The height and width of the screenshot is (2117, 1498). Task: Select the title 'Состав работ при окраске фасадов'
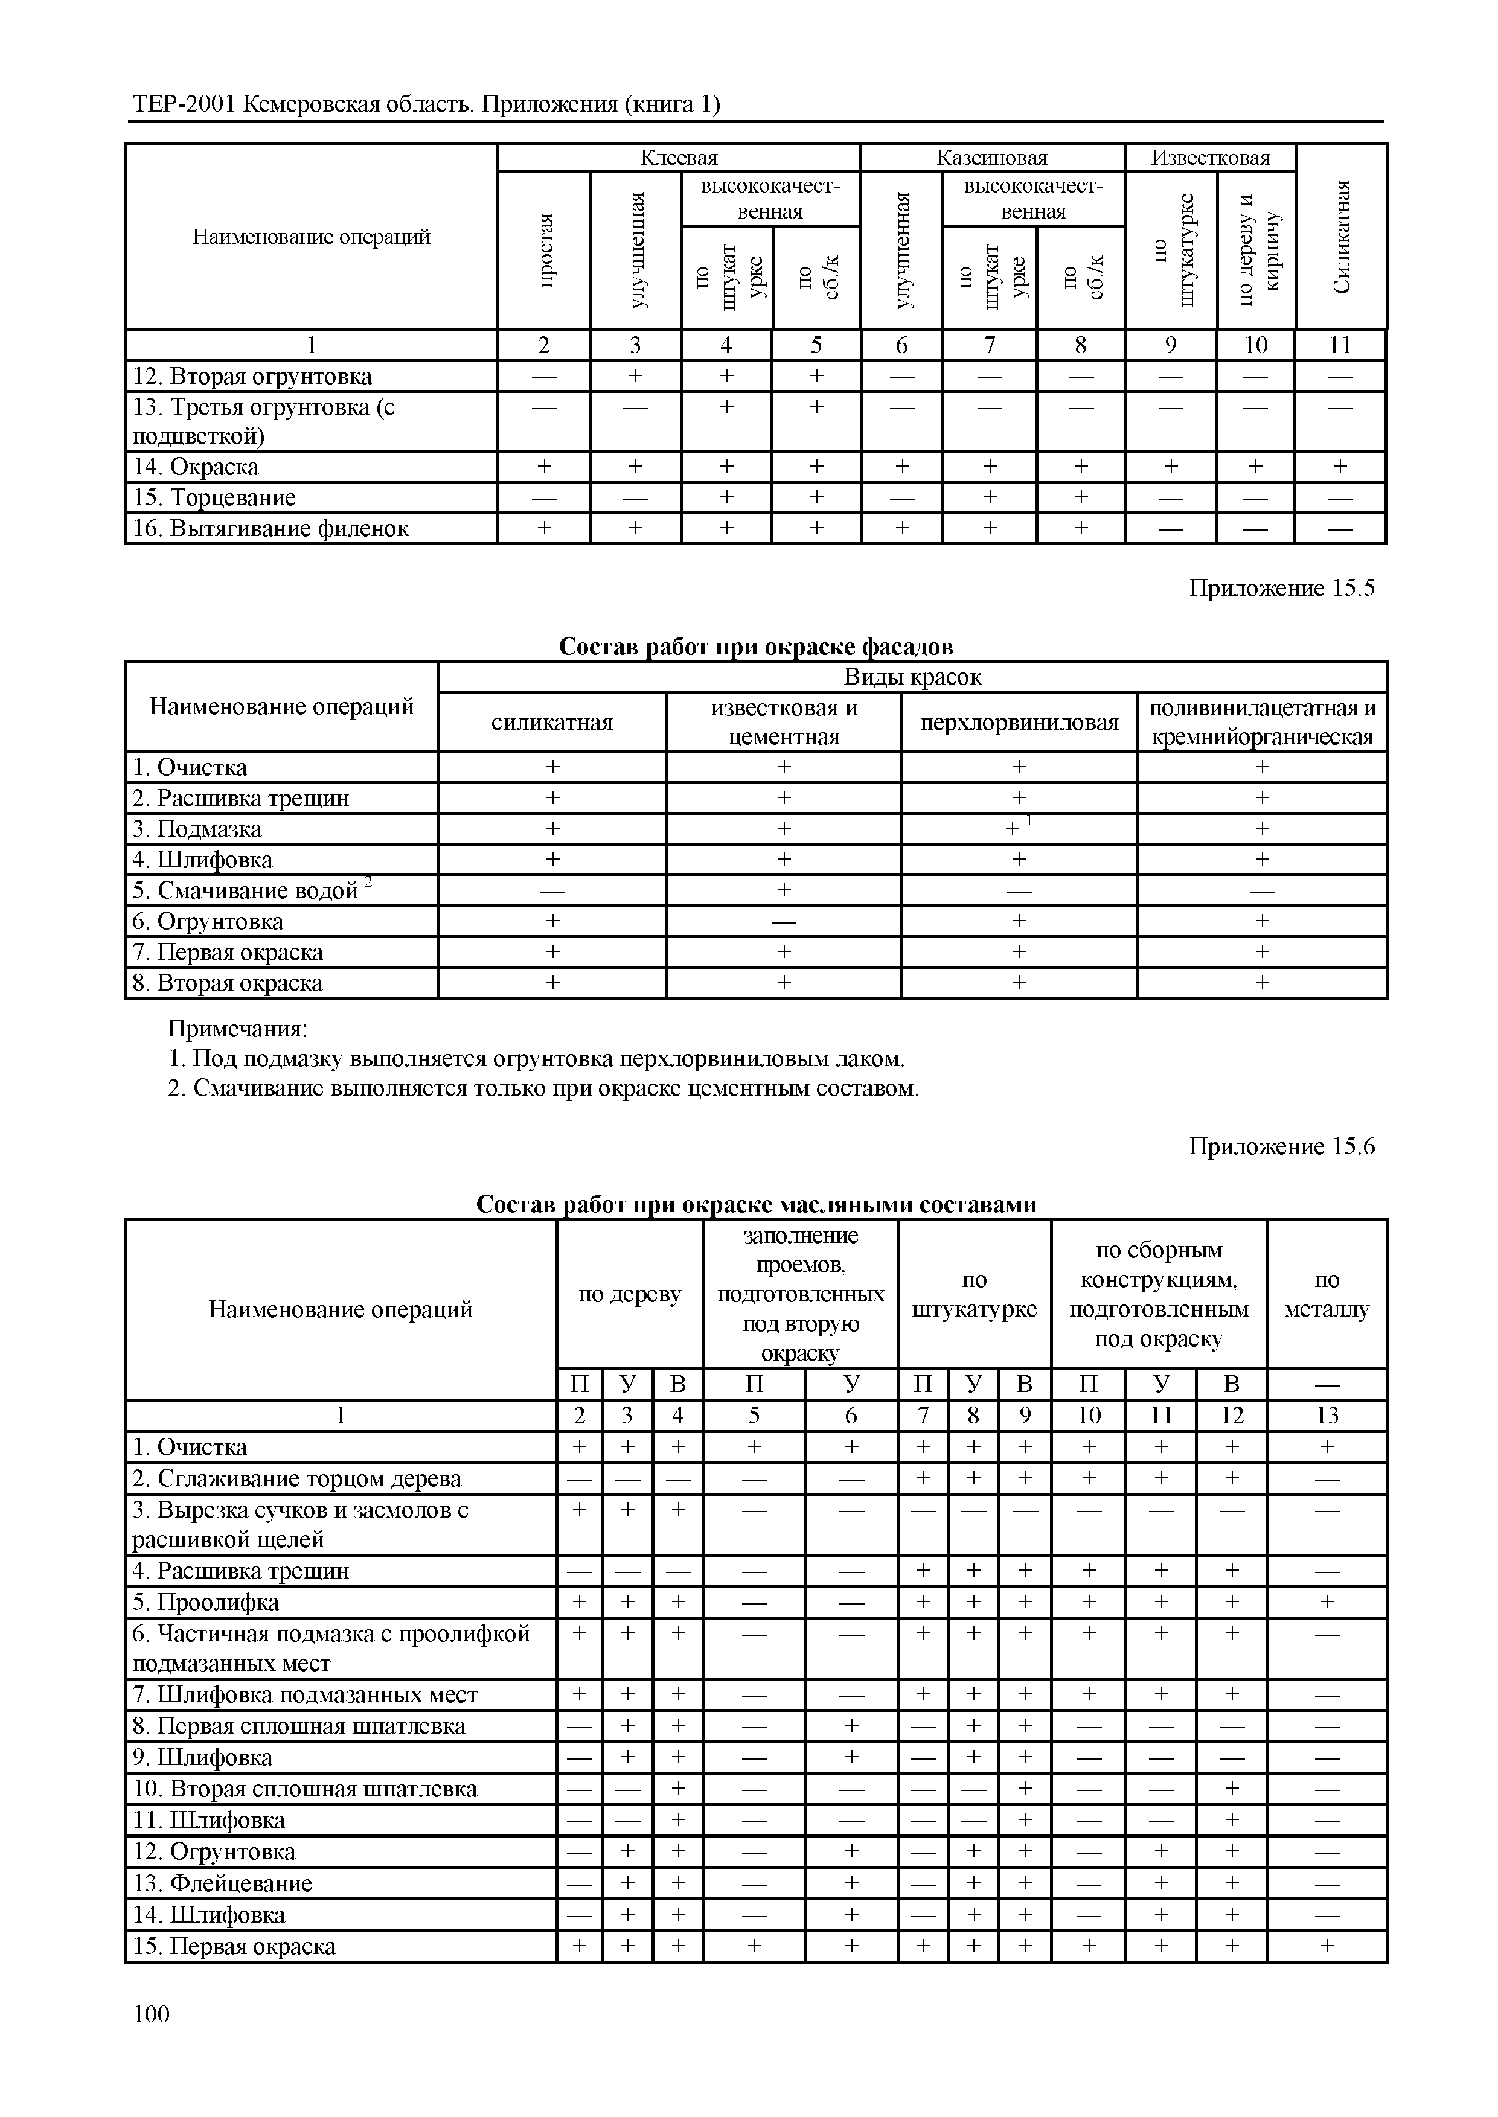point(757,647)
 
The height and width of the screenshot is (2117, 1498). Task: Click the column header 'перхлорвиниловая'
point(1019,722)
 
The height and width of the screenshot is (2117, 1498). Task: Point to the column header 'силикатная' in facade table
point(552,722)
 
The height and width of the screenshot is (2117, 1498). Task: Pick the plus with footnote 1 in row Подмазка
point(1017,828)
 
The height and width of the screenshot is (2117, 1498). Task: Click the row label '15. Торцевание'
point(214,498)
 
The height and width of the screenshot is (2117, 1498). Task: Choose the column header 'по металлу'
point(1327,1295)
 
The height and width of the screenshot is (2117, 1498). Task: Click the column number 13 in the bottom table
point(1327,1416)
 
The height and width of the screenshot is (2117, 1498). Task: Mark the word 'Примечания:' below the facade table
point(237,1028)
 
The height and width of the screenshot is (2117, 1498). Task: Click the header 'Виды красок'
point(912,677)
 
